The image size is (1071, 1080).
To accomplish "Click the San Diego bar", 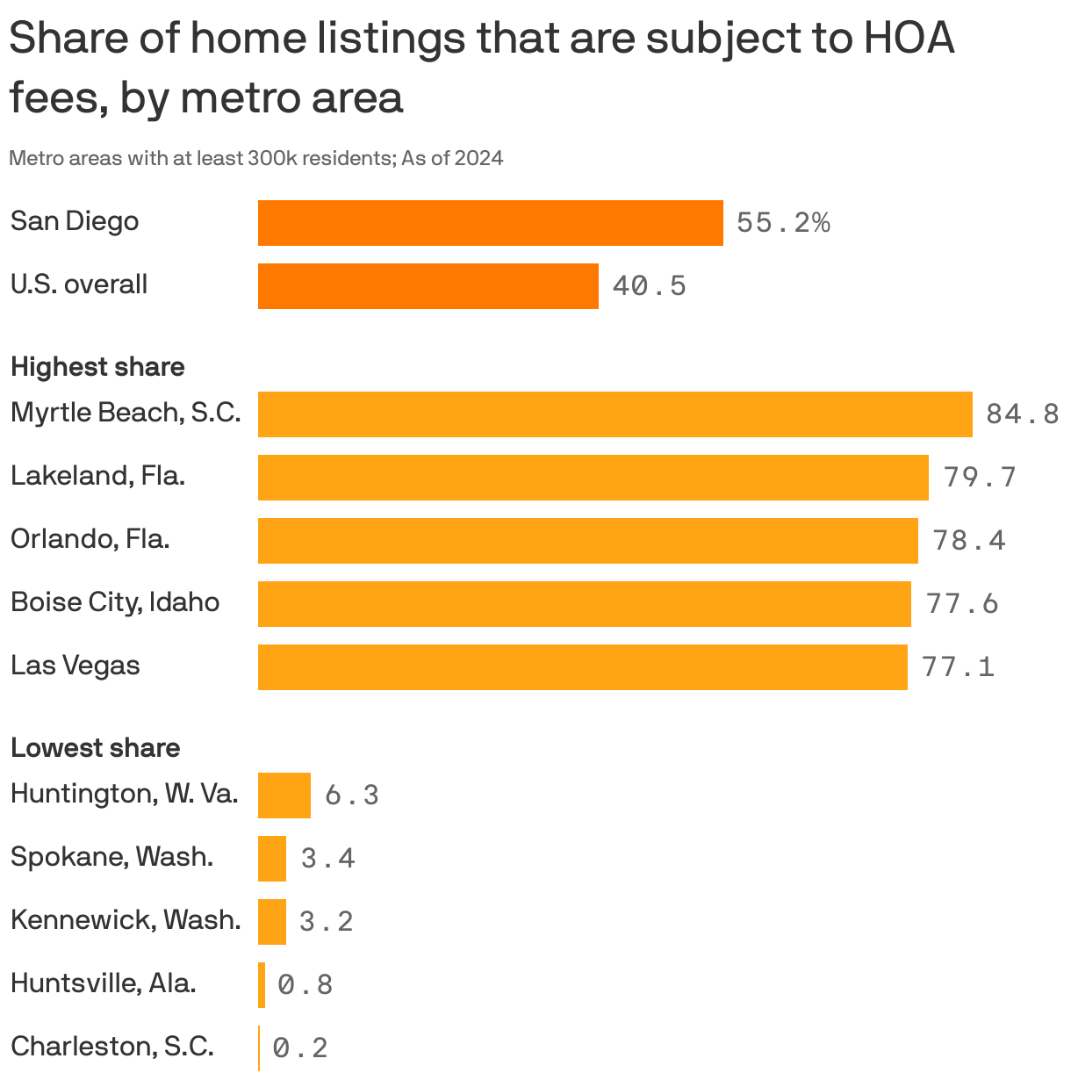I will coord(490,222).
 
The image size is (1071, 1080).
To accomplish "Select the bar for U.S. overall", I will coord(428,285).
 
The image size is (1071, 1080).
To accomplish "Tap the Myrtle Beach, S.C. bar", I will coord(615,414).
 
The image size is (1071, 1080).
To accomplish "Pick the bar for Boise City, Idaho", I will coord(584,603).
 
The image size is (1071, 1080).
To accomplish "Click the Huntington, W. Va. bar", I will coord(284,795).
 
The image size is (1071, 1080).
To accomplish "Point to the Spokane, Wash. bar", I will coord(272,858).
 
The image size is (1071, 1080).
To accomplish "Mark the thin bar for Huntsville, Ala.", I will coord(262,984).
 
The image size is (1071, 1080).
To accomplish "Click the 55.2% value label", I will coord(783,223).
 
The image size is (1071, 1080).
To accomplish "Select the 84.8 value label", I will coord(1022,414).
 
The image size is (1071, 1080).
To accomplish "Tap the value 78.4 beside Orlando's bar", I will coord(969,540).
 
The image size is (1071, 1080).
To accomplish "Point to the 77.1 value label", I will coord(958,667).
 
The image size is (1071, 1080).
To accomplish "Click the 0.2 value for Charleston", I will coord(300,1048).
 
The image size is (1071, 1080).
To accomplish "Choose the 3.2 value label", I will coord(326,921).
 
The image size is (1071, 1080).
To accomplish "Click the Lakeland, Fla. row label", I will coord(97,476).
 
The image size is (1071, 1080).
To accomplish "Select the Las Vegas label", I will coord(75,666).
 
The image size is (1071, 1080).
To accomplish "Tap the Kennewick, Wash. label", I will coord(126,920).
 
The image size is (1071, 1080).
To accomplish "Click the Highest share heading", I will coord(97,366).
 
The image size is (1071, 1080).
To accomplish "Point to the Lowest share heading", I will coord(95,747).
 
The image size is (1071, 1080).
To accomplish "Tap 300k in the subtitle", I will coord(273,158).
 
